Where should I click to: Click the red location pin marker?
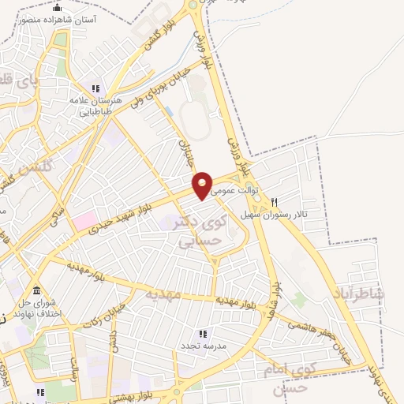203,185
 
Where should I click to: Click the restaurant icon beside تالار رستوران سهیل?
275,201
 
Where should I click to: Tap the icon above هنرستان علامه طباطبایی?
96,88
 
